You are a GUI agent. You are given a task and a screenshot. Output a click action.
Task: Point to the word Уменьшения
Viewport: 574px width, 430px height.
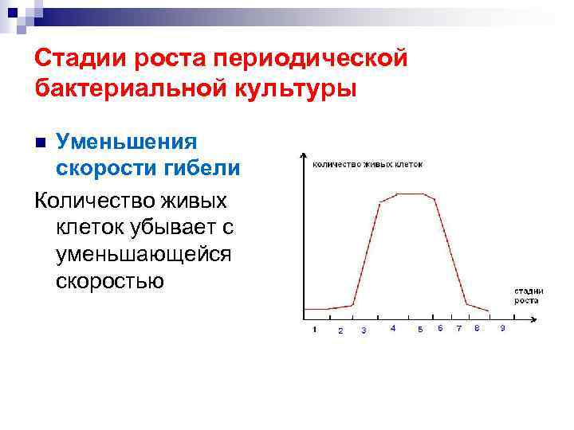(x=126, y=141)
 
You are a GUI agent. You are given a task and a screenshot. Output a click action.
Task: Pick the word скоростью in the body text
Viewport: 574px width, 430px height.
(x=110, y=282)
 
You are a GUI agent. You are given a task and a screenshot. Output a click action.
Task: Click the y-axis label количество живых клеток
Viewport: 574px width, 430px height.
(x=368, y=164)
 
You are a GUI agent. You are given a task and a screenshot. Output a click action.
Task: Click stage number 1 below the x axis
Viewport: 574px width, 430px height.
(x=315, y=328)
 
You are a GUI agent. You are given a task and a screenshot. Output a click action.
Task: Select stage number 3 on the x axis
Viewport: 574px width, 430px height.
(x=364, y=330)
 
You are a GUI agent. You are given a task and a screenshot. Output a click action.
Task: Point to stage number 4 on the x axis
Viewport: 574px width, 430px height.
(x=393, y=328)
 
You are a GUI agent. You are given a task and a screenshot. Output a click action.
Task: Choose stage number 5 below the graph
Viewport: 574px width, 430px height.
(x=420, y=330)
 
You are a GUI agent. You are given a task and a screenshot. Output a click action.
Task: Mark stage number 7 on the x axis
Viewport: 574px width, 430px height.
(x=458, y=328)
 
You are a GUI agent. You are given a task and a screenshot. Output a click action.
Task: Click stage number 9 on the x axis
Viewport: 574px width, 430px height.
(x=501, y=328)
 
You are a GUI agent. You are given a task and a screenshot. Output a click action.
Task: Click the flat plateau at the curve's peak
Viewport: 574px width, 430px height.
(x=413, y=193)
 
